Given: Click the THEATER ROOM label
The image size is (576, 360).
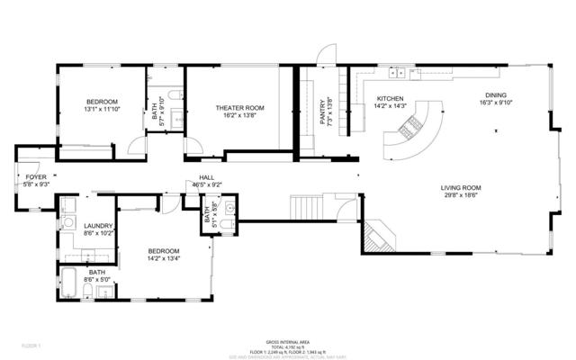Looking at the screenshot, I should (x=239, y=108).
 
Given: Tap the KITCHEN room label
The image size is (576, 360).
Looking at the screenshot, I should (x=390, y=98).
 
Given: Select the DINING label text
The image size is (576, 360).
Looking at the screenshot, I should (x=496, y=94).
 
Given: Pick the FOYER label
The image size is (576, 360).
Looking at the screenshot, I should (x=36, y=177).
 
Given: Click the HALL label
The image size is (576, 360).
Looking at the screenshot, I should (x=207, y=177).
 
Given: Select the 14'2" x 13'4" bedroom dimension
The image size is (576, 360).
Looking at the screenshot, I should (x=164, y=259).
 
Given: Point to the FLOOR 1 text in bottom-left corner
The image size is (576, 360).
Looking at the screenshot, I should (x=30, y=346).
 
